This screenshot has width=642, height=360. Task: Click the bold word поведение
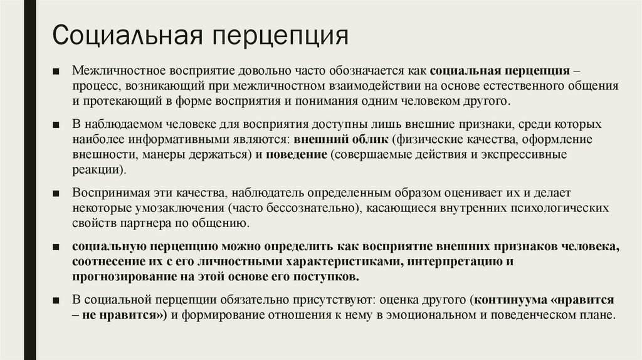[297, 154]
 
